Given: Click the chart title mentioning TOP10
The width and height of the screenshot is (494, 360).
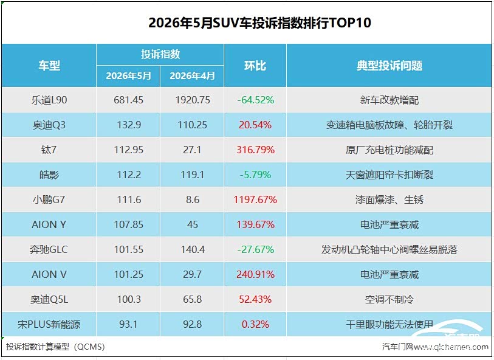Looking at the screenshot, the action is [259, 22].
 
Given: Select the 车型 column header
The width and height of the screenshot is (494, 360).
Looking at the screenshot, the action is [49, 66].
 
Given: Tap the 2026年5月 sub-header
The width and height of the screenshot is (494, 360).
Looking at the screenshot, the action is [128, 75].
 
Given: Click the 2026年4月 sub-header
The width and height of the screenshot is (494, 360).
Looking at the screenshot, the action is [192, 75].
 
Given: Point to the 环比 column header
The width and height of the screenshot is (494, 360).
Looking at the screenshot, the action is [255, 66].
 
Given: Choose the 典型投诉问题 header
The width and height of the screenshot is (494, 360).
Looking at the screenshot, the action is [389, 66].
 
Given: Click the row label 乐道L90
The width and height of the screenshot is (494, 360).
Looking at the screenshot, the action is [49, 100].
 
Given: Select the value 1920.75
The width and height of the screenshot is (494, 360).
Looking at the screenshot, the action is [193, 100].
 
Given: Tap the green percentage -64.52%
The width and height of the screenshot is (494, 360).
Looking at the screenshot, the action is [255, 100].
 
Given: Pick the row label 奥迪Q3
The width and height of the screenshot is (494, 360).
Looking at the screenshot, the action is [49, 125].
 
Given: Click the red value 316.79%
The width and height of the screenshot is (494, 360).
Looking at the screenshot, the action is [255, 150].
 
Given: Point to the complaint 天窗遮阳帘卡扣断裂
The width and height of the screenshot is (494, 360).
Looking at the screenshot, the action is [389, 175].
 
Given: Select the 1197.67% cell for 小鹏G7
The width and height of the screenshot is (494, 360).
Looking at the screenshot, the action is [255, 199].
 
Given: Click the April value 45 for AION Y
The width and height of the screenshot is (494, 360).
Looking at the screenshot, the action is [193, 224].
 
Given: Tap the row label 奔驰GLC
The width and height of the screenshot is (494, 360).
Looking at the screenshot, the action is [49, 249].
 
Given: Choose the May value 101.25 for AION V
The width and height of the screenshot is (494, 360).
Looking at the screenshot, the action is [129, 274].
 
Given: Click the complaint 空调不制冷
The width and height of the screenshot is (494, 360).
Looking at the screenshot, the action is [389, 299].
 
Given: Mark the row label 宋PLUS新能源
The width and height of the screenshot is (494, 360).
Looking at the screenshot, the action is [49, 324].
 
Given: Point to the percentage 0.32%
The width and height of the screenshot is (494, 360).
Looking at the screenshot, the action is [255, 324].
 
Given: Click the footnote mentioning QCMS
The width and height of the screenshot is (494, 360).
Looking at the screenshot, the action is [55, 347].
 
